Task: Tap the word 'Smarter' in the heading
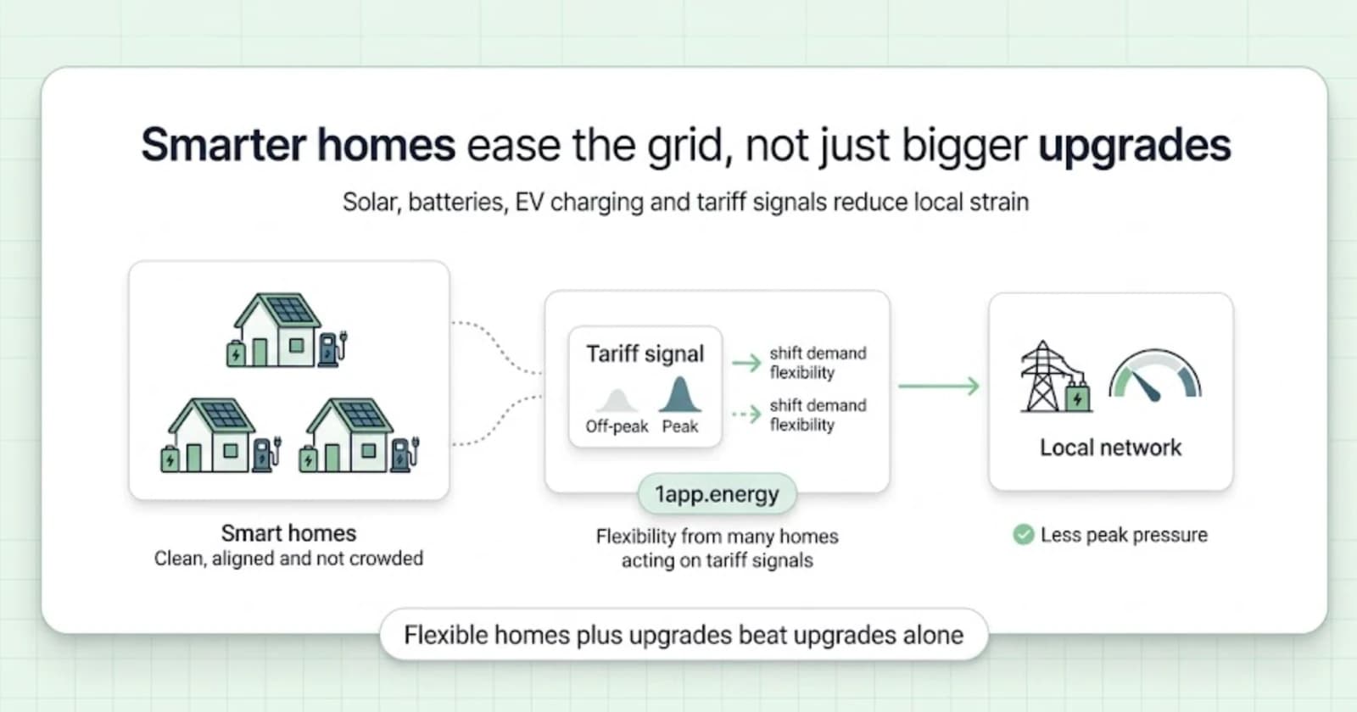223,145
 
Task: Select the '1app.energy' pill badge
718,494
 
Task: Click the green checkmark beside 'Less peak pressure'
1023,535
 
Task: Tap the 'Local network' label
1110,448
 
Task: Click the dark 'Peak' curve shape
679,395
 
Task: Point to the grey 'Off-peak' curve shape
617,401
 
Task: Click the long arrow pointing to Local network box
939,386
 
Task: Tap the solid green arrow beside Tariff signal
746,363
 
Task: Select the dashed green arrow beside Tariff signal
746,414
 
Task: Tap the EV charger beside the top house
332,348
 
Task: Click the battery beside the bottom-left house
170,459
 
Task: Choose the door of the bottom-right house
332,458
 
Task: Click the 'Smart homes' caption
288,533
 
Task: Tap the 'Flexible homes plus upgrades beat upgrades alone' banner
684,635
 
